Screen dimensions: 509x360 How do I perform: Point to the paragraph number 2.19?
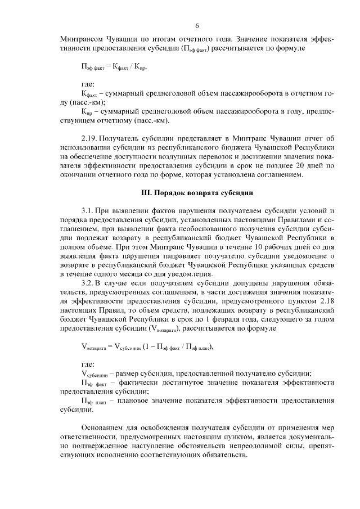coord(90,137)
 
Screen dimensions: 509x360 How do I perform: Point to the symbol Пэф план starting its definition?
coord(94,401)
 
